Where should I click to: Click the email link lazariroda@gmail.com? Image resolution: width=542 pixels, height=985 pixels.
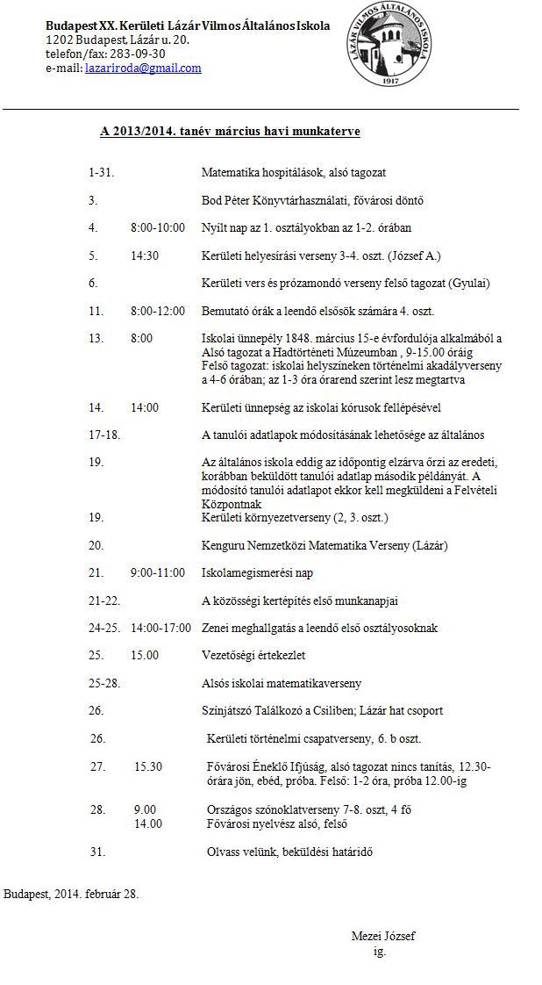[x=143, y=68]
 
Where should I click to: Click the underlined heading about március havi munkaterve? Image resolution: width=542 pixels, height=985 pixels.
[x=230, y=132]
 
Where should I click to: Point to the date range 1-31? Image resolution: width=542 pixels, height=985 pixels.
[x=101, y=173]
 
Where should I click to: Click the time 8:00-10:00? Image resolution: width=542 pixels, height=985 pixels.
[x=158, y=227]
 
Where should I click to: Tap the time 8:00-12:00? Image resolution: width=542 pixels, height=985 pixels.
[x=158, y=311]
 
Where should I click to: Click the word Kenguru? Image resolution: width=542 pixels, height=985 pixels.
[x=225, y=545]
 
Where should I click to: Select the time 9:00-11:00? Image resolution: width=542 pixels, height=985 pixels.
[x=158, y=572]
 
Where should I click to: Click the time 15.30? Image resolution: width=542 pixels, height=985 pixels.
[x=148, y=766]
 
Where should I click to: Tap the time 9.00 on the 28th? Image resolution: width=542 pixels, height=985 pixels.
[x=145, y=809]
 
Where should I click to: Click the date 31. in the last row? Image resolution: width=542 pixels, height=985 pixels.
[x=97, y=852]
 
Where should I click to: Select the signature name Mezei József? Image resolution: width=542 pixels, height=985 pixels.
[x=382, y=936]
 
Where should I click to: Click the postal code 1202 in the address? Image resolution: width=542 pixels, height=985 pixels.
[x=60, y=40]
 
